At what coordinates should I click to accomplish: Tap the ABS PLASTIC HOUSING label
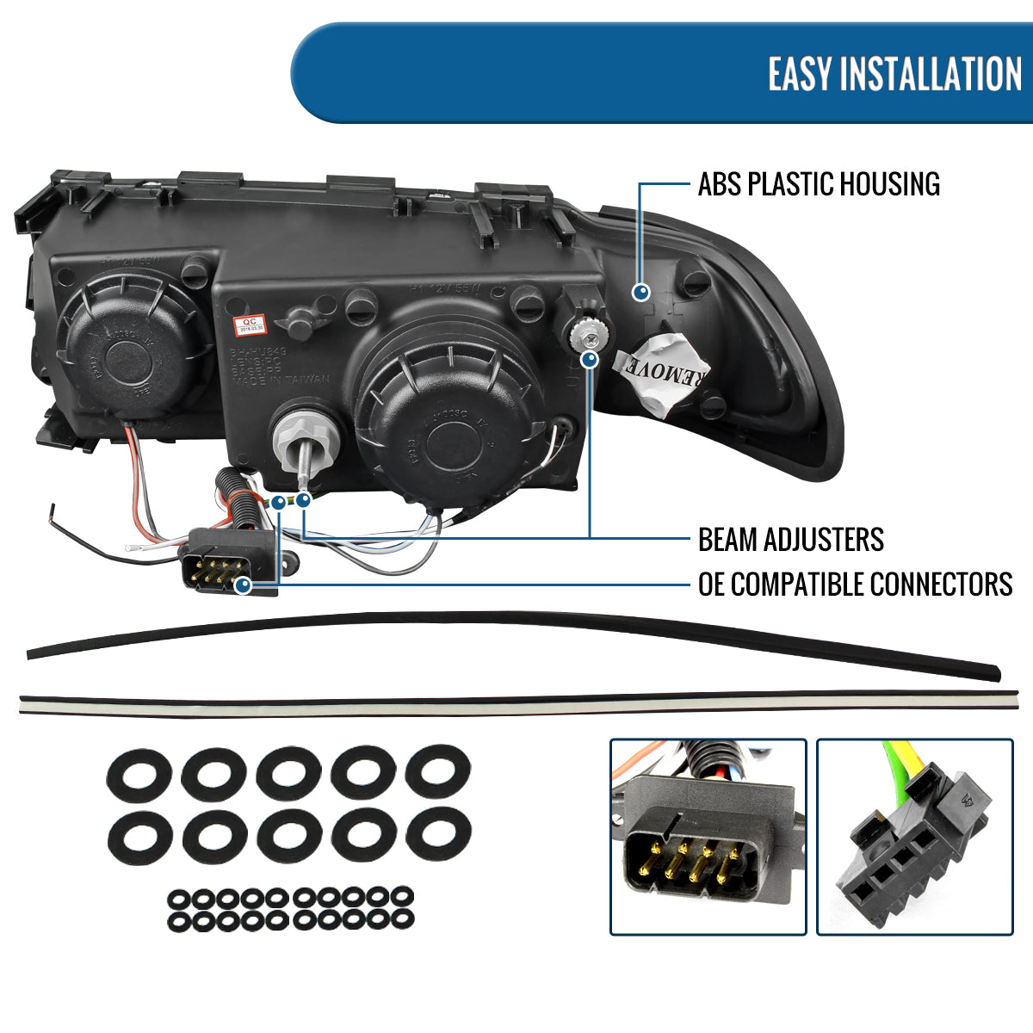819,184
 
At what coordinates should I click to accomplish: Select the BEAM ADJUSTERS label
790,540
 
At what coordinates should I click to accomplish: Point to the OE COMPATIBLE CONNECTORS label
855,585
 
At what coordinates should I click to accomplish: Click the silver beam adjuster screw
590,331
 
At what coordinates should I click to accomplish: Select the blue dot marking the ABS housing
640,292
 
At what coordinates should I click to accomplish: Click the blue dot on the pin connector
243,585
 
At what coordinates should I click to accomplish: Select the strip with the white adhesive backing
516,702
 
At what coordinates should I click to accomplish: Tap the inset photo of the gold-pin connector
708,837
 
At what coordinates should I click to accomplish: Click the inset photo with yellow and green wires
914,837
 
